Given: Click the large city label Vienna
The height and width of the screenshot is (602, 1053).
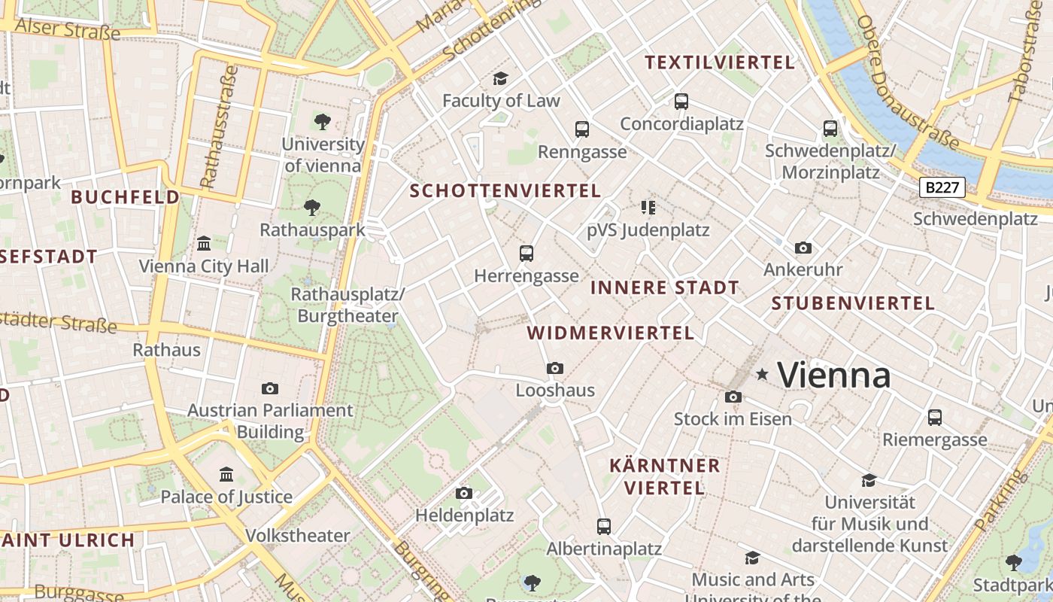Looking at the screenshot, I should pos(833,375).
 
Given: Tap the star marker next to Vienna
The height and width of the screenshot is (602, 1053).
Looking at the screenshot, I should pos(762,374).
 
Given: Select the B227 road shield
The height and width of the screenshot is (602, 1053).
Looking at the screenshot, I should pos(942,187).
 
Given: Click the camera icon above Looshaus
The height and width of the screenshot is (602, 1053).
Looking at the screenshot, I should pos(555,368).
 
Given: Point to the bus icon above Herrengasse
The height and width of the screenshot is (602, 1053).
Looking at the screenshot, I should pos(526,254).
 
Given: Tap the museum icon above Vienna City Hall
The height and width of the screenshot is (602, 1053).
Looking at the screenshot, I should pos(204,244).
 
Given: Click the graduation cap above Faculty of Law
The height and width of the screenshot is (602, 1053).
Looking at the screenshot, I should pos(500,78).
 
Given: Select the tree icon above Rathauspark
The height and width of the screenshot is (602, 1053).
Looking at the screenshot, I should pos(311,208).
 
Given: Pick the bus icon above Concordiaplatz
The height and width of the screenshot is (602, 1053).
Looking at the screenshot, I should pos(681,101).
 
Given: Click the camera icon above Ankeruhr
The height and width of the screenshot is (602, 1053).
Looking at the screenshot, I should pos(803,248).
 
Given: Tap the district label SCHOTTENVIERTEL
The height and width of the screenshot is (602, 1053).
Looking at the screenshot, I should pos(505,191).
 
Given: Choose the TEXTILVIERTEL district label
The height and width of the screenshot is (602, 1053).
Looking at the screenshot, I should pos(720,62).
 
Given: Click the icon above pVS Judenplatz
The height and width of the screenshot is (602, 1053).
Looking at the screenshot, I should pos(648,207).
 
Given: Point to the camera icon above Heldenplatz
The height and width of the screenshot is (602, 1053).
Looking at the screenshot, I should pos(464,493).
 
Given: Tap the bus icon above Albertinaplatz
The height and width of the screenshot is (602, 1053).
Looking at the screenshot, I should pos(604,526).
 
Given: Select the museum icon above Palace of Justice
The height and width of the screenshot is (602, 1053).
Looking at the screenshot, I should pos(226,474).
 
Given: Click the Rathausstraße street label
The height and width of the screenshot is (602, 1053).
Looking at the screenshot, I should pos(219,127).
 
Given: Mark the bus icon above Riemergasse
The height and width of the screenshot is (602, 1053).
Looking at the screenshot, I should pos(935,417).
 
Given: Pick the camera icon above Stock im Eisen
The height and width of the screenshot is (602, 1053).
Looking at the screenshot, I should pos(733,397).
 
